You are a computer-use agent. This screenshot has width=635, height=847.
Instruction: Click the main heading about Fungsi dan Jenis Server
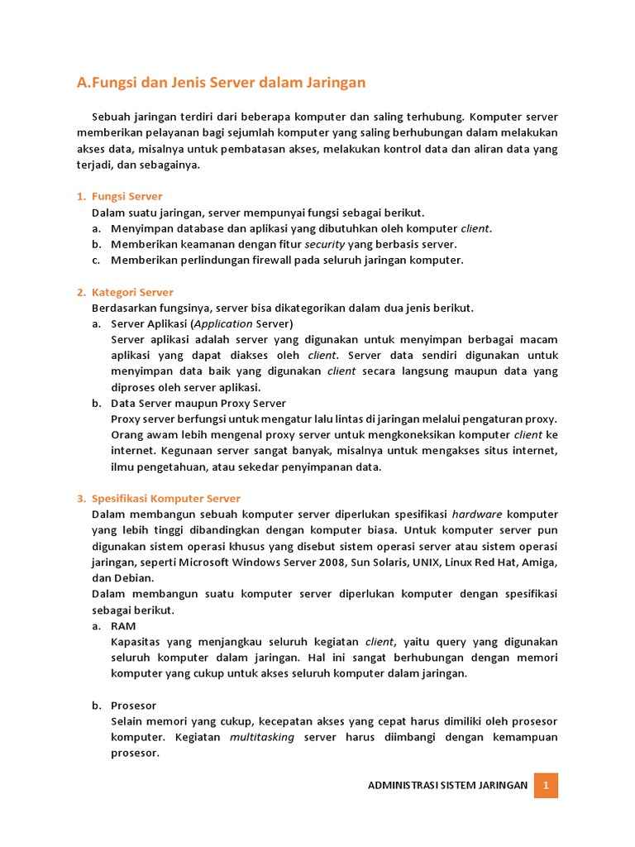coord(221,83)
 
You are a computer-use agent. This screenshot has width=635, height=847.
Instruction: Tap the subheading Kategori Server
coord(132,292)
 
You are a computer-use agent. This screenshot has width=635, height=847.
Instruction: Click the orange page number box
coord(546,785)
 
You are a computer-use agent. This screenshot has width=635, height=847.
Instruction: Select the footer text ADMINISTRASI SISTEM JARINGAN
coord(447,785)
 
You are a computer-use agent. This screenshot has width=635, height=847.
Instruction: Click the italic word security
coord(325,244)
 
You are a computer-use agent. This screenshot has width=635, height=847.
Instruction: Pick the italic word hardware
coord(477,514)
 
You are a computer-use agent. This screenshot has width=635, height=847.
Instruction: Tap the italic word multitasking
coord(262,737)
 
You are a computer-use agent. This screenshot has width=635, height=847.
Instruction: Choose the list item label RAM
coord(123,626)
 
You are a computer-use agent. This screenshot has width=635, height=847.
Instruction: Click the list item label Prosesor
coord(133,706)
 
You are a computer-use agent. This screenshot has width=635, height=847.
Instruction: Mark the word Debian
coord(132,578)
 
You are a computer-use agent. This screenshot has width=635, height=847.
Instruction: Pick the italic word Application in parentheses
coord(223,323)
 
